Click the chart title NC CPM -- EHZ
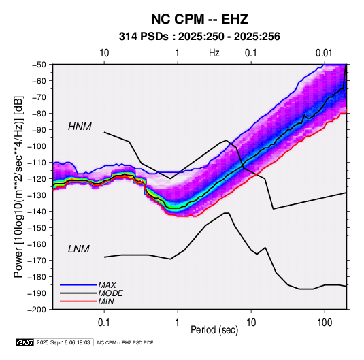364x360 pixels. pos(199,19)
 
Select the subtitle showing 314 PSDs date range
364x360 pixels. pos(199,37)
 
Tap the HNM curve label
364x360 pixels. pos(80,127)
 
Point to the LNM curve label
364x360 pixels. pos(79,249)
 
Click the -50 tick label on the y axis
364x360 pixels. pos(39,65)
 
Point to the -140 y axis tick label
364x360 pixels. pos(37,212)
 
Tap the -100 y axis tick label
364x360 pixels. pos(37,146)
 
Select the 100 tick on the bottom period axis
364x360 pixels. pos(325,323)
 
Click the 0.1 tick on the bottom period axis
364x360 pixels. pos(104,323)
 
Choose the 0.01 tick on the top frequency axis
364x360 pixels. pos(324,53)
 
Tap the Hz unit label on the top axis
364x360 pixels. pos(214,53)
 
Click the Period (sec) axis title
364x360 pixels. pos(214,330)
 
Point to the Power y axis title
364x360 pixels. pos(18,187)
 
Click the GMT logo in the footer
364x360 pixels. pos(24,342)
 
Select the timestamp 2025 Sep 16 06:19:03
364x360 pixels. pos(63,342)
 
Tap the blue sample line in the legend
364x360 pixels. pos(78,284)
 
